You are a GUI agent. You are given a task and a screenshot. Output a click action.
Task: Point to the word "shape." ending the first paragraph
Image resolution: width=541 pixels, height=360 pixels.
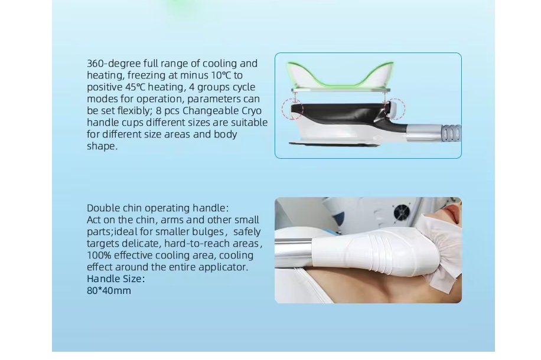[102, 146]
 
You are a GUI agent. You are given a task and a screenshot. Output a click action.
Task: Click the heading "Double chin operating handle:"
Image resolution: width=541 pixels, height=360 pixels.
[158, 208]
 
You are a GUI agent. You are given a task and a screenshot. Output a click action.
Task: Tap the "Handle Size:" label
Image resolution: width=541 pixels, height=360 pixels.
[116, 279]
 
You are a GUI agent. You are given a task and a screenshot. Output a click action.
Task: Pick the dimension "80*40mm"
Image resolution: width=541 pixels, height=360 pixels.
[109, 291]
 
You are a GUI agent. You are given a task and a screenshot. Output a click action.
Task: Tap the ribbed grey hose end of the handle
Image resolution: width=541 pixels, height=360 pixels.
[451, 132]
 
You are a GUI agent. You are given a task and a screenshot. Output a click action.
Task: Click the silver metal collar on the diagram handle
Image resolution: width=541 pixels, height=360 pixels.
[425, 133]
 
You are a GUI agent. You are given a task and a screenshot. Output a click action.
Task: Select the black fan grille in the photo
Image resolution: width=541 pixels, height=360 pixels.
[401, 212]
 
